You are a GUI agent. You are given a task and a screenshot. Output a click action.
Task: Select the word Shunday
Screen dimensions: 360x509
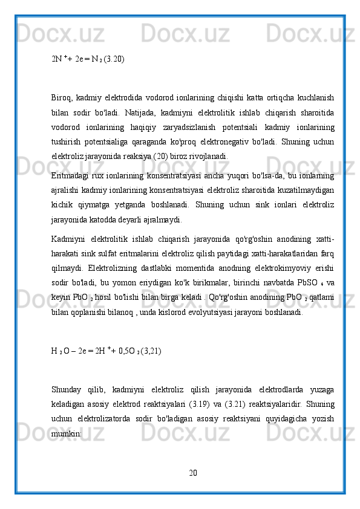[67, 390]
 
